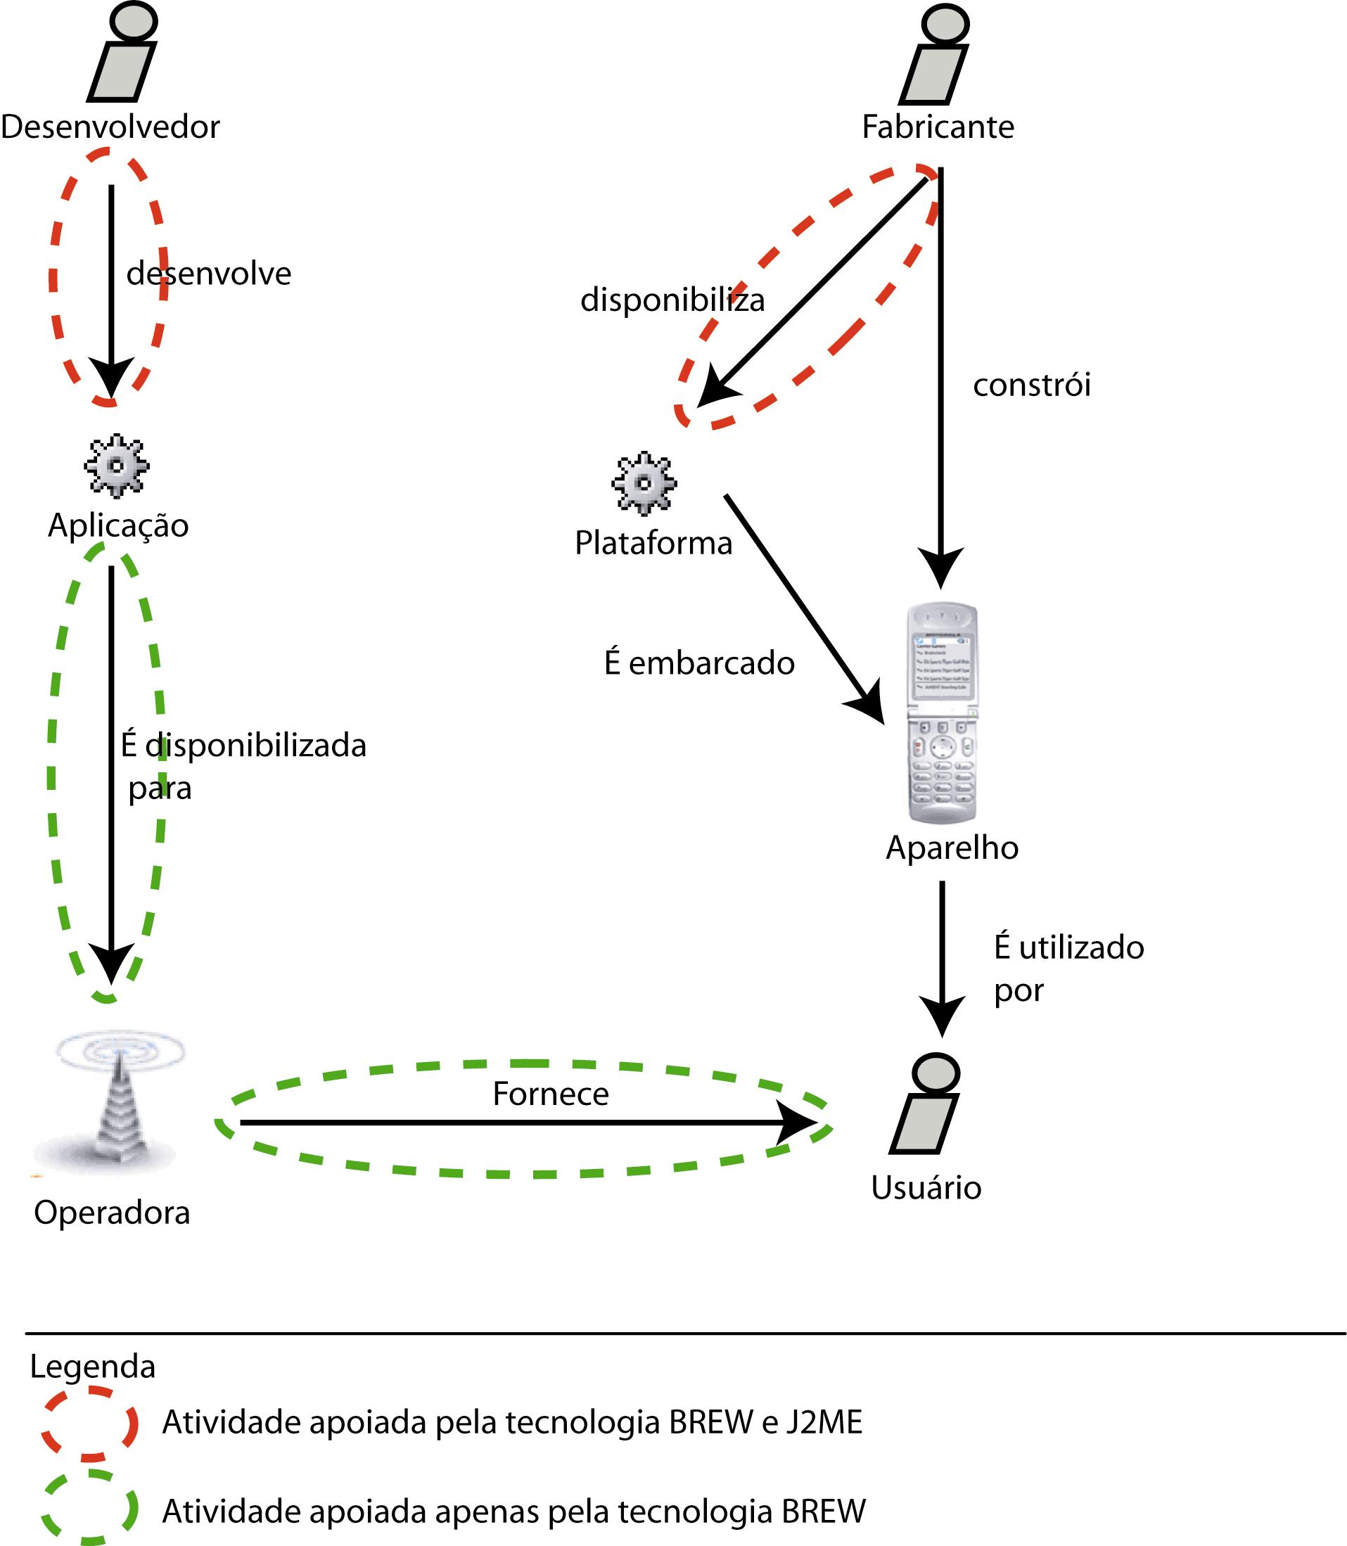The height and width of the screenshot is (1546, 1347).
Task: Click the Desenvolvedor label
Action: [110, 127]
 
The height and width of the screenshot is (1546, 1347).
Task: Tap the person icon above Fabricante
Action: [935, 56]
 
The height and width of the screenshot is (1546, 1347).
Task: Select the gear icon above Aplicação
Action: [117, 466]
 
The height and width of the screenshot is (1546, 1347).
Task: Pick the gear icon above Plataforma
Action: [644, 483]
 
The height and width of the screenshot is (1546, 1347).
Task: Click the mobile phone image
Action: [943, 713]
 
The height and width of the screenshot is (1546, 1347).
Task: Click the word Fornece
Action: [550, 1094]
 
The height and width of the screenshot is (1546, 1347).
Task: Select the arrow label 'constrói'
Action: [1031, 385]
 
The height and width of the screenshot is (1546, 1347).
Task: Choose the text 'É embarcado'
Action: [699, 663]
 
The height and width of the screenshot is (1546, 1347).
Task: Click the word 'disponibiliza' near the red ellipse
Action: [672, 300]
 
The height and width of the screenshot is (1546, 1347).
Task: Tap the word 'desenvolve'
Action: [208, 273]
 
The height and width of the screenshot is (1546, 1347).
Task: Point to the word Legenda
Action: [92, 1367]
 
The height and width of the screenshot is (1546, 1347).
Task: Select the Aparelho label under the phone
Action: [952, 848]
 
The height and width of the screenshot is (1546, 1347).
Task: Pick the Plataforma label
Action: [653, 542]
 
